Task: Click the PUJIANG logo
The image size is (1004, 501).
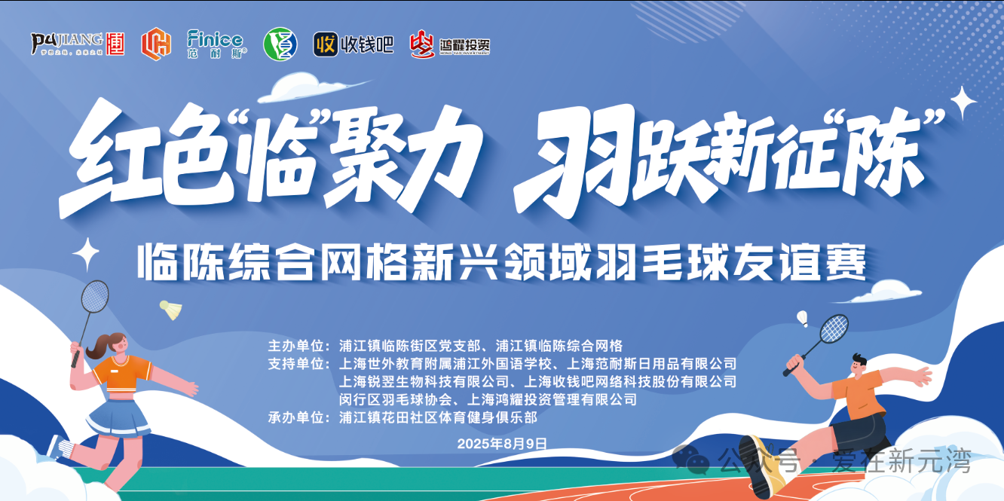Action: click(x=77, y=44)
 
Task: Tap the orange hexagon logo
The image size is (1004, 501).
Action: click(x=156, y=44)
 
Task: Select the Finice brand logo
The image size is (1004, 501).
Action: click(x=216, y=44)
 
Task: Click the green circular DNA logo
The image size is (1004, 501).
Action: click(x=280, y=44)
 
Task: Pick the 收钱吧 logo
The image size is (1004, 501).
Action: click(x=354, y=44)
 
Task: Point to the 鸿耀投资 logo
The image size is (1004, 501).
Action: click(x=449, y=44)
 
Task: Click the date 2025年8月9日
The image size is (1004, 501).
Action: click(x=502, y=444)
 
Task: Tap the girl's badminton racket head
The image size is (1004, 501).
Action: click(x=94, y=297)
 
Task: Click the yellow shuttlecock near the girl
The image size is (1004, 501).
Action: click(x=171, y=310)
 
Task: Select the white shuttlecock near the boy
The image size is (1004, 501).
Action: click(x=802, y=319)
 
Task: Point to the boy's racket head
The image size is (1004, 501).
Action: click(x=834, y=329)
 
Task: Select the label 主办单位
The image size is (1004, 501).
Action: click(x=295, y=346)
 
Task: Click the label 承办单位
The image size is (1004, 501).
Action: click(x=295, y=417)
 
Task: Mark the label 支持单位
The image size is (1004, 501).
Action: click(x=295, y=364)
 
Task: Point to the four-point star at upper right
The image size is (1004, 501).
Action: click(x=963, y=103)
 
